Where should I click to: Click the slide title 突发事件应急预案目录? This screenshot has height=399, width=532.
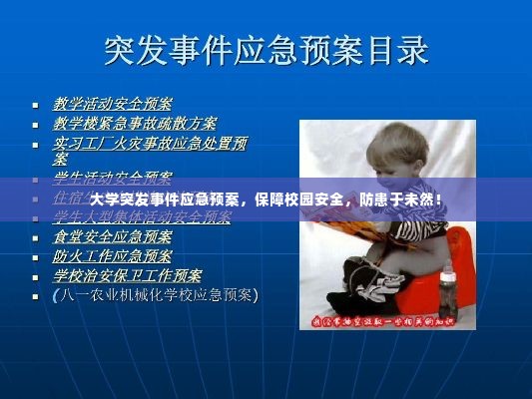[x=266, y=49]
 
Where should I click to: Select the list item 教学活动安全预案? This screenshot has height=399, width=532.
[x=112, y=104]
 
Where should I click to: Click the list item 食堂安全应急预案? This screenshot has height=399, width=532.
[x=112, y=237]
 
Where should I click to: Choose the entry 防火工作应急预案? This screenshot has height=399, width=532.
[x=112, y=256]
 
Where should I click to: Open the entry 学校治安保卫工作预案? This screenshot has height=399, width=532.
[x=127, y=275]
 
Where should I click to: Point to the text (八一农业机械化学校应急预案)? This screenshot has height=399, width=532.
[x=155, y=295]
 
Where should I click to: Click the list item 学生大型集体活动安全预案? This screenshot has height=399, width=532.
[x=141, y=216]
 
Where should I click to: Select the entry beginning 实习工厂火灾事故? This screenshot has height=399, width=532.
[x=150, y=144]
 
